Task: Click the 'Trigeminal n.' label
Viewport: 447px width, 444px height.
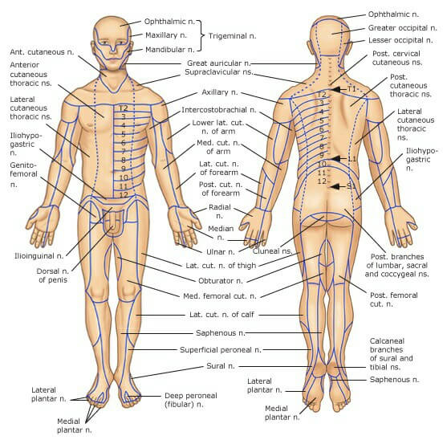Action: pos(232,36)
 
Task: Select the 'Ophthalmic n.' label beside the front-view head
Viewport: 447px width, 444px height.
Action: pos(169,22)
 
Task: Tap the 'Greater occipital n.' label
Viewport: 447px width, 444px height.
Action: pos(402,28)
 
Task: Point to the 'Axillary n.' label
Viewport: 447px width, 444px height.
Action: pos(219,92)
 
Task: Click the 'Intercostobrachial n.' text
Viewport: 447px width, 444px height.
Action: pos(218,110)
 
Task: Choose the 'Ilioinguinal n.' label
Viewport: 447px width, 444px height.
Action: pos(39,256)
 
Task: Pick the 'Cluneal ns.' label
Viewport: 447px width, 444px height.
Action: pos(272,251)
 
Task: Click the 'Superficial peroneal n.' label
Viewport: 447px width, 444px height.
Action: pos(221,349)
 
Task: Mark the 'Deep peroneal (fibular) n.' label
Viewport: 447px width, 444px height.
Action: pos(191,400)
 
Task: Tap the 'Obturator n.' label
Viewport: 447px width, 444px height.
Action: pos(221,280)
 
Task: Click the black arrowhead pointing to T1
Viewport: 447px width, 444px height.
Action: pos(335,90)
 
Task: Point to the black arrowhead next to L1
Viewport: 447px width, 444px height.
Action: pos(335,159)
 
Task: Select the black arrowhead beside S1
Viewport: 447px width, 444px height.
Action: pos(335,187)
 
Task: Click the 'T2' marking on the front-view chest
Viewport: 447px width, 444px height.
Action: pos(123,108)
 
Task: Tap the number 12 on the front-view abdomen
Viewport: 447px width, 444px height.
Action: pos(124,195)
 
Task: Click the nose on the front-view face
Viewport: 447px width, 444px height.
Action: pos(113,47)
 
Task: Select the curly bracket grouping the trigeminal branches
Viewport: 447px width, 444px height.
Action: pos(201,35)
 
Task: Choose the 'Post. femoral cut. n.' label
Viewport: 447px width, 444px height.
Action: pos(393,299)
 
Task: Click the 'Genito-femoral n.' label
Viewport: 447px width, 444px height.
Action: pos(23,174)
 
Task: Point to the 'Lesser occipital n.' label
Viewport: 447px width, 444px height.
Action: pos(400,40)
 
